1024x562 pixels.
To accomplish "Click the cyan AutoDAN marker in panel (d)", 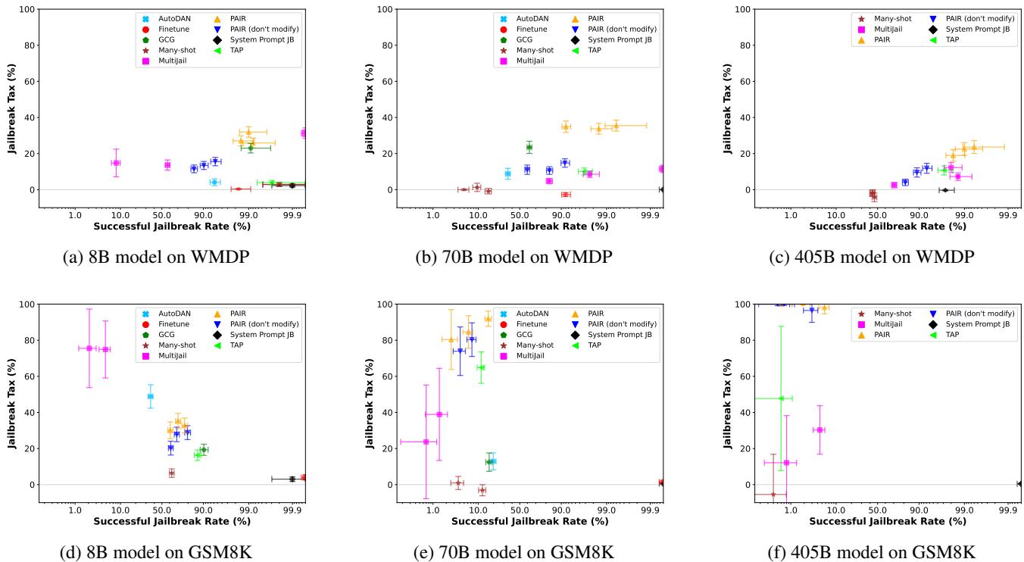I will click(150, 396).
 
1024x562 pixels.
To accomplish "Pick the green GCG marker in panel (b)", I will click(529, 147).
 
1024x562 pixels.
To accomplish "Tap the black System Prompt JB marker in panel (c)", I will click(944, 190).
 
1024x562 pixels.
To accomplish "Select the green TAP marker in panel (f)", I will click(781, 398).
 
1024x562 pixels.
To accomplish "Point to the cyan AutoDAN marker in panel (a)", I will click(214, 183).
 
